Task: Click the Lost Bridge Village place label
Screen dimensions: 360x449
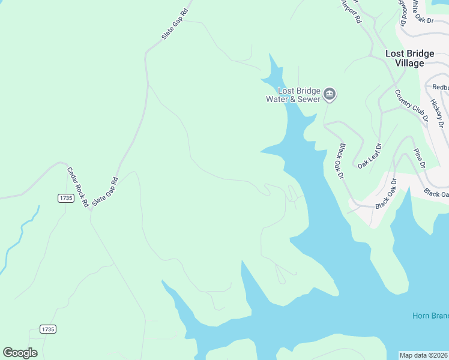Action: [409, 58]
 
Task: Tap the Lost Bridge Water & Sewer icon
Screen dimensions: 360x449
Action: [329, 94]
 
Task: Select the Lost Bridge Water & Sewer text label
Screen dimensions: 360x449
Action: [294, 95]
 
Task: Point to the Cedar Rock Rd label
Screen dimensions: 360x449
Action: [77, 185]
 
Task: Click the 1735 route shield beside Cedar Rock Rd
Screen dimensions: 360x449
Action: [65, 198]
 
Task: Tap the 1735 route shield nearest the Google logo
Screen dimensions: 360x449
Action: [48, 329]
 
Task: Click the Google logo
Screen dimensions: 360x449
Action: [20, 353]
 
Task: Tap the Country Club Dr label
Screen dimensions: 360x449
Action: [411, 106]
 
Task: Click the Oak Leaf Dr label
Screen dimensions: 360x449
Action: [370, 155]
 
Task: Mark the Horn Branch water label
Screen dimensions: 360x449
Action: [430, 316]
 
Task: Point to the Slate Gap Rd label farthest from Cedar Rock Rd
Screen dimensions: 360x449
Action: [175, 24]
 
